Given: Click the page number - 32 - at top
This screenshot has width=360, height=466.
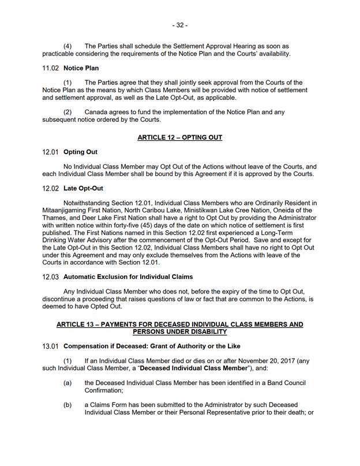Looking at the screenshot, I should [179, 25].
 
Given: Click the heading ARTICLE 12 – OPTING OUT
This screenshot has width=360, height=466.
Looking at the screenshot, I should [179, 137].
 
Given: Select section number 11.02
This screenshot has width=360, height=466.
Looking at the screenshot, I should [51, 68].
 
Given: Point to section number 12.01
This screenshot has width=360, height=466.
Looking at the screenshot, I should [51, 152].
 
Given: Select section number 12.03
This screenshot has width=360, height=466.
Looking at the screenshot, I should [51, 277].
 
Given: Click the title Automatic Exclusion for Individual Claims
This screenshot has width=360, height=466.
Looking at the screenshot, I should [128, 277].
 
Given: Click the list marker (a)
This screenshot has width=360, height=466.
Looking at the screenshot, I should [67, 383].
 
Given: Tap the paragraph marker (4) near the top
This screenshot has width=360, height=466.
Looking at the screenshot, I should [67, 46].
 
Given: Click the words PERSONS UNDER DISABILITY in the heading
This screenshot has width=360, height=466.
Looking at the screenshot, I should [179, 332].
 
